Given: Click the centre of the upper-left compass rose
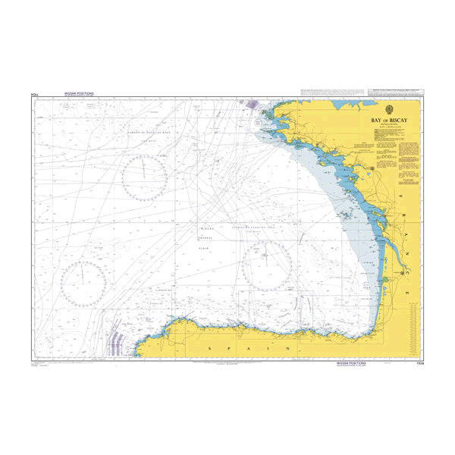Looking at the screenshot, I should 144,177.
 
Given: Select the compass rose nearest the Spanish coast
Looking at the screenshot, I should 267,267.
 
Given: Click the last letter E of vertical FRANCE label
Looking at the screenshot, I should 410,293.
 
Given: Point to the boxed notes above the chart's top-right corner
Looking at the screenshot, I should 356,92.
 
